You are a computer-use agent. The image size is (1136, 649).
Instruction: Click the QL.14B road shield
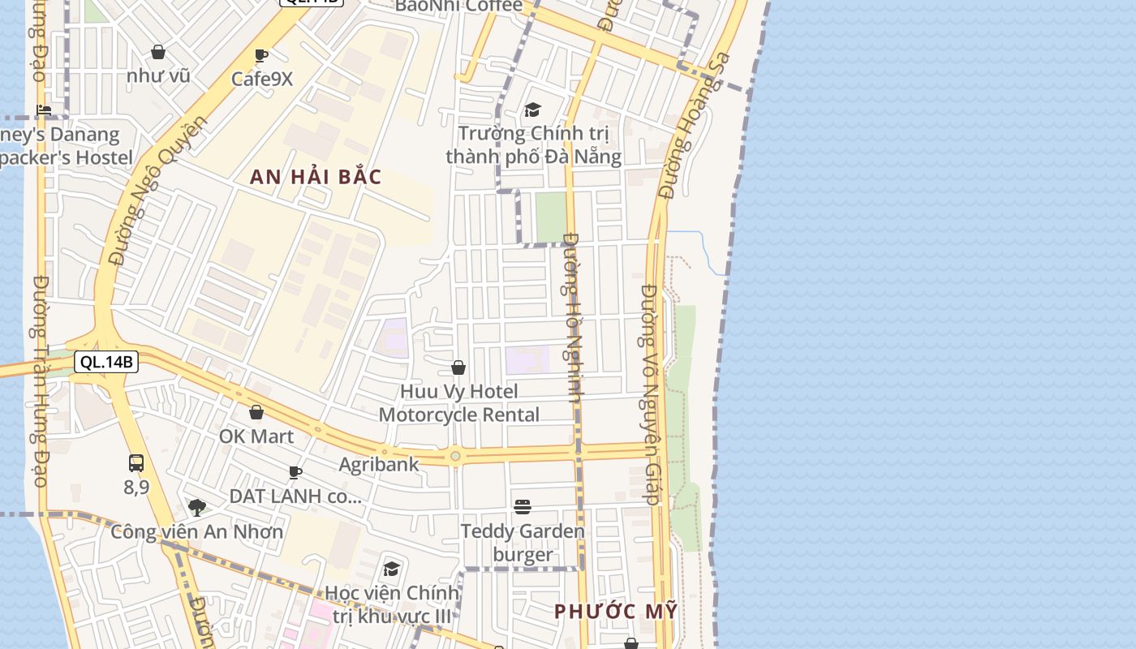point(106,362)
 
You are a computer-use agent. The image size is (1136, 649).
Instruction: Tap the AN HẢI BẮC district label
point(316,177)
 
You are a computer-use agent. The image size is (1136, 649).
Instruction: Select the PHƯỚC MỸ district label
point(615,612)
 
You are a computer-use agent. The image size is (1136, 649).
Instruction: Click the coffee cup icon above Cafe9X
point(261,56)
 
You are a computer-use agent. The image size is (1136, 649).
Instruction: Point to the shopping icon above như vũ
point(158,53)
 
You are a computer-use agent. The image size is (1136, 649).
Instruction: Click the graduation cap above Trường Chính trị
point(532,110)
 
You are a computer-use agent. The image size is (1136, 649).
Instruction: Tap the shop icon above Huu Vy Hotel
point(458,368)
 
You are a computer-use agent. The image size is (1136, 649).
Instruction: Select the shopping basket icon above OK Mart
point(256,413)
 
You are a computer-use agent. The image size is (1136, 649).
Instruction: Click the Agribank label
point(379,465)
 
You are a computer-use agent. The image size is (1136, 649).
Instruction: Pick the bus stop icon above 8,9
point(136,463)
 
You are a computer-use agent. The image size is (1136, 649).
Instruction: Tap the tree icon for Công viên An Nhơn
point(196,508)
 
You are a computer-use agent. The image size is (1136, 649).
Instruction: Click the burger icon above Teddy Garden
point(523,508)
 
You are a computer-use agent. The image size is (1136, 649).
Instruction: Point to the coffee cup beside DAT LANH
point(295,472)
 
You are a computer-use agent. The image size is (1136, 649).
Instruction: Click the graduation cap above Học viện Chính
point(392,569)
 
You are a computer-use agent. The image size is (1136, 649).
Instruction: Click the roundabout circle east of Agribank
point(455,457)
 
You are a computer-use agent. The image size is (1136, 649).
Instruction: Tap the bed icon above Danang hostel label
point(44,110)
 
